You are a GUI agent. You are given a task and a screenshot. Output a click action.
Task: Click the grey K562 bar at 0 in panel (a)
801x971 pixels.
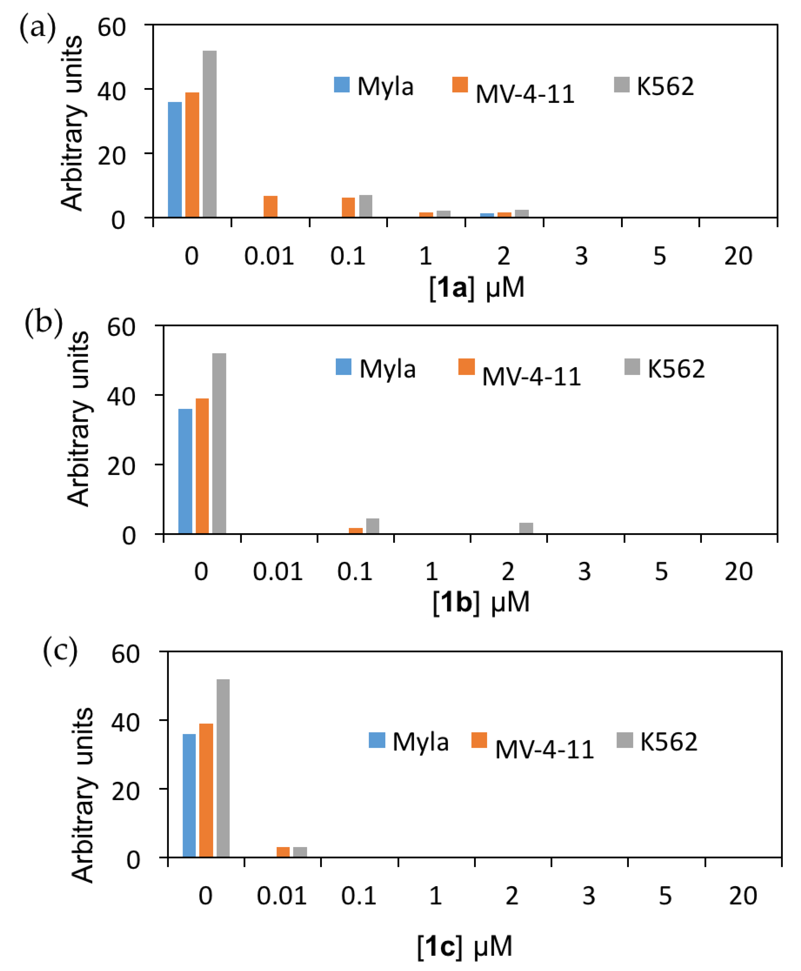210,134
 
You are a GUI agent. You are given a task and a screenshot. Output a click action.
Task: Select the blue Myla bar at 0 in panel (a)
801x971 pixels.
174,159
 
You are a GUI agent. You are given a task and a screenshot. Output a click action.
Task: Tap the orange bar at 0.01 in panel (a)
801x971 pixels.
270,207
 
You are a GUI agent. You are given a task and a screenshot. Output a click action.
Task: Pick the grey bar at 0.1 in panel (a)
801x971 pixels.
365,206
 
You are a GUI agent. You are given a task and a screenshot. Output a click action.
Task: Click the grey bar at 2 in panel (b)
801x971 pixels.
526,528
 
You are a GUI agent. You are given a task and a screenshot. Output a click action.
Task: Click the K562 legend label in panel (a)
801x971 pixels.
665,86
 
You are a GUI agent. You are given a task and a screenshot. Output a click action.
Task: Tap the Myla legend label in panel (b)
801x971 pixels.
387,369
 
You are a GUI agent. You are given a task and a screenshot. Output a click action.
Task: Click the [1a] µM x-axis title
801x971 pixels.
477,288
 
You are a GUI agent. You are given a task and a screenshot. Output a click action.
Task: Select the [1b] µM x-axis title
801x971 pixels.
481,602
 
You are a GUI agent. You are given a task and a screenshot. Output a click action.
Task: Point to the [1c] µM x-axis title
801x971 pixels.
465,946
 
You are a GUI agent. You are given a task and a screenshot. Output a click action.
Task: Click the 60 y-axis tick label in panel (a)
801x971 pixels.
111,28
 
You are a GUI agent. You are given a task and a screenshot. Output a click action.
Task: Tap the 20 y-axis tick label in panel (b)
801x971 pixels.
121,466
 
